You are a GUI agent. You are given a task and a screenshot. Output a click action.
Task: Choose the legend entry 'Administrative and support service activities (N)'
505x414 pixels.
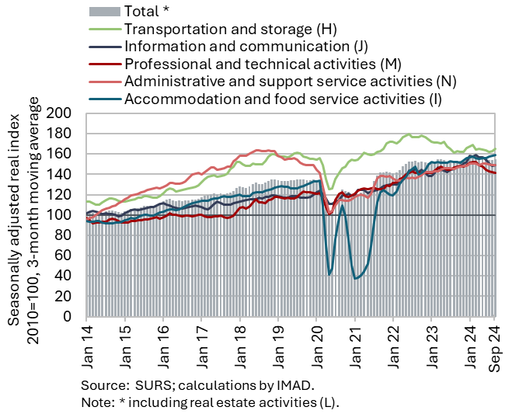click(290, 81)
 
